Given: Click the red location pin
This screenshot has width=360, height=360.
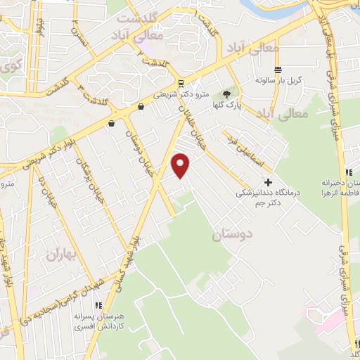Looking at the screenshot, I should (x=181, y=166).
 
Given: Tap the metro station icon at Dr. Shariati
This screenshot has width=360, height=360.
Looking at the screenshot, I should (x=182, y=82).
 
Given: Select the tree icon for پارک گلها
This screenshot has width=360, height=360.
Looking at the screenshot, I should (x=226, y=94).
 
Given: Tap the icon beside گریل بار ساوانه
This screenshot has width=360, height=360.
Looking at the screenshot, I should (x=279, y=70).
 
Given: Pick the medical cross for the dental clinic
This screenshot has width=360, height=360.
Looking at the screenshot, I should (x=268, y=182).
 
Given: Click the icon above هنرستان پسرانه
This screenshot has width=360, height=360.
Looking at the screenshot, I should (x=98, y=304).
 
